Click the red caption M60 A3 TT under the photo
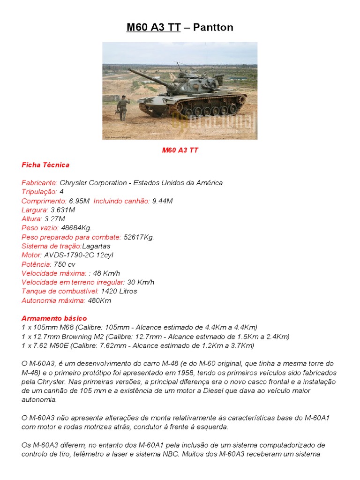tap(180, 150)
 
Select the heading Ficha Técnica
tap(45, 165)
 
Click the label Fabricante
tap(39, 183)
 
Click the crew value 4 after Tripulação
tap(61, 192)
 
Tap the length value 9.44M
tap(162, 201)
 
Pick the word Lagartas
tap(97, 246)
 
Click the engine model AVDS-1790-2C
tap(69, 255)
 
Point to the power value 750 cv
tap(65, 264)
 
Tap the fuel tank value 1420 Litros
tap(119, 291)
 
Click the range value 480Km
tap(99, 300)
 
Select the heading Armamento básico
tap(54, 318)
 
